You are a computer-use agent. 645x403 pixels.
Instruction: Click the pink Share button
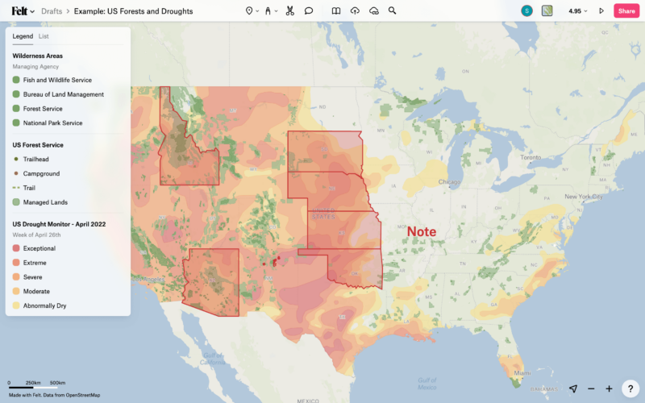tap(626, 11)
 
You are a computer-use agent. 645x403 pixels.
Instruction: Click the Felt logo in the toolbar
tap(19, 11)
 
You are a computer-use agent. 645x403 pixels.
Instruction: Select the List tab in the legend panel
tap(44, 36)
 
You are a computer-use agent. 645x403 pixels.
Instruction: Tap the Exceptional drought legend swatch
tap(16, 248)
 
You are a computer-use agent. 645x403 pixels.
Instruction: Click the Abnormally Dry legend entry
tap(44, 305)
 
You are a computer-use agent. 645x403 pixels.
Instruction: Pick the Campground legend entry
tap(41, 173)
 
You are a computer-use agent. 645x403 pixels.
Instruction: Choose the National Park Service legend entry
tap(52, 123)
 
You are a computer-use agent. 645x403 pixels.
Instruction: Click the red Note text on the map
tap(421, 232)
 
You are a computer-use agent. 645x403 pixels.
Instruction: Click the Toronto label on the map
tap(530, 157)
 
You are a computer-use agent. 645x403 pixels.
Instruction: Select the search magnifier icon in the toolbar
tap(392, 11)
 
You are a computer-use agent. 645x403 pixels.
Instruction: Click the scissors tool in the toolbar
tap(289, 11)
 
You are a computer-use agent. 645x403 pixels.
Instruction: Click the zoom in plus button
tap(609, 388)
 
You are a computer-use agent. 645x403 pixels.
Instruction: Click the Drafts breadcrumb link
tap(52, 11)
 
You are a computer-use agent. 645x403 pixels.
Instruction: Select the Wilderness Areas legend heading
tap(37, 56)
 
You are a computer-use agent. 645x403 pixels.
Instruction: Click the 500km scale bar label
tap(57, 383)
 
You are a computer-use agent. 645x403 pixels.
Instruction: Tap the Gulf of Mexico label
tap(428, 382)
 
